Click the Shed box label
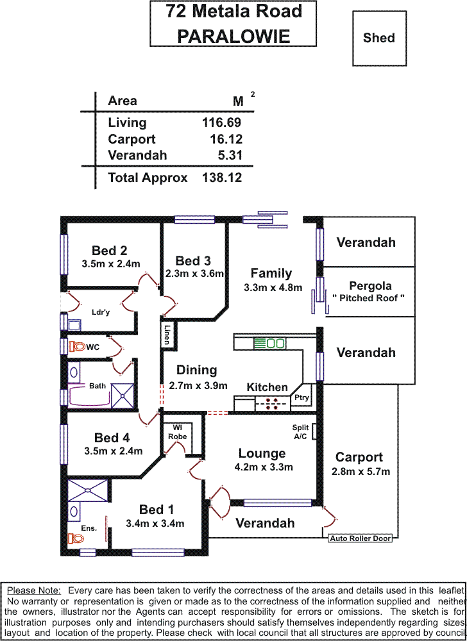coord(378,38)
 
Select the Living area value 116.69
coord(222,122)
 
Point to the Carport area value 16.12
coord(225,139)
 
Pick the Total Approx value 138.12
coord(222,178)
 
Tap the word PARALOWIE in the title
coord(234,36)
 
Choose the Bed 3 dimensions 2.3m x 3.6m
coord(194,274)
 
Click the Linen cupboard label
coord(167,334)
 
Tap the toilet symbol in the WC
coord(78,346)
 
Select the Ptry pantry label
coord(301,397)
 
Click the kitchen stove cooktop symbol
coord(271,403)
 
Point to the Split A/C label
coord(300,432)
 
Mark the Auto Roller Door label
coord(360,538)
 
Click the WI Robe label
coord(178,431)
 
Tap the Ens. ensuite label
coord(89,528)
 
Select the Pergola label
coord(370,286)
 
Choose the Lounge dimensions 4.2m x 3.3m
coord(264,467)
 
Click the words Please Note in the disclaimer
coord(34,590)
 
